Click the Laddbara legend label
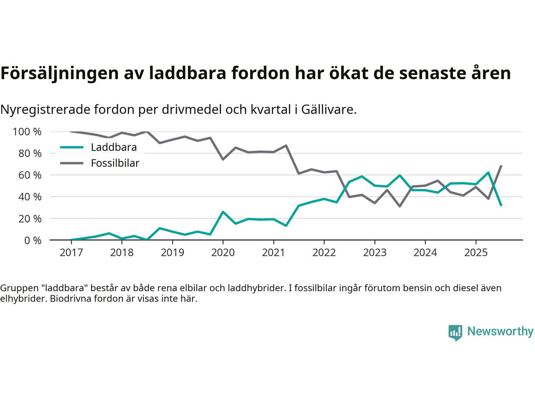pos(114,147)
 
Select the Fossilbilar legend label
pos(115,163)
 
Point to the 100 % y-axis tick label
pos(27,132)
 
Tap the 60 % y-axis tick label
pos(30,175)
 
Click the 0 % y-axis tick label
pos(33,241)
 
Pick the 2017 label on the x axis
pos(71,253)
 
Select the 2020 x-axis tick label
pos(223,253)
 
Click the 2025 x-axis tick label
pos(476,253)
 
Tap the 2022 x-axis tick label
pos(324,253)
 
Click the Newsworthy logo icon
pos(455,332)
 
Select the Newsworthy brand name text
pos(500,331)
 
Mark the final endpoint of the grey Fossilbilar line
pos(501,166)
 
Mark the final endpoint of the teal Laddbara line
pos(501,206)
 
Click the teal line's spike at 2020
pos(223,212)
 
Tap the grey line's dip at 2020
pos(223,159)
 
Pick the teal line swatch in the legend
pos(71,147)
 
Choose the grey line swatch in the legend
pos(71,163)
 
